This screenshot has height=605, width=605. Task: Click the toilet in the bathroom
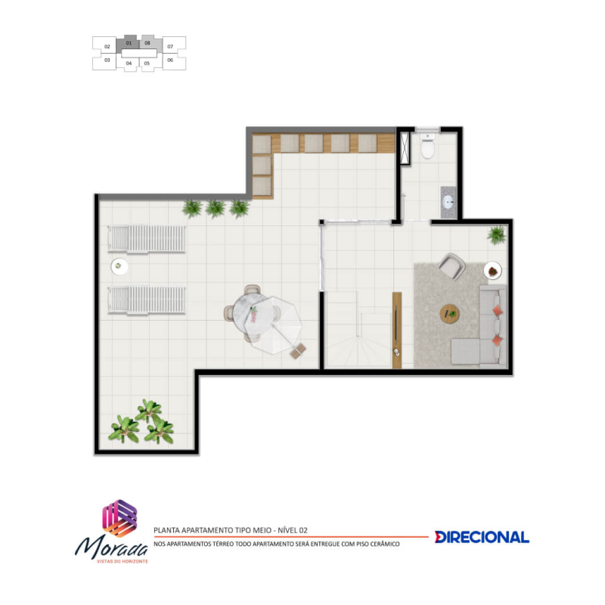point(428,146)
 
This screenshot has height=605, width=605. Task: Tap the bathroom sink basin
point(448,202)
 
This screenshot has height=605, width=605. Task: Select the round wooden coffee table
point(449,314)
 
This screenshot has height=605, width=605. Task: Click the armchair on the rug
point(451,265)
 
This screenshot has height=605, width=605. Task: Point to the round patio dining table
point(251,312)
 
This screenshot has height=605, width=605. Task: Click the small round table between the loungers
point(119,266)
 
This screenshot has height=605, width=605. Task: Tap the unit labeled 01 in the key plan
point(129,43)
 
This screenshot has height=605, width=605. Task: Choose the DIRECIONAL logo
point(482,537)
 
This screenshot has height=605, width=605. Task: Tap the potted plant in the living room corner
point(497,234)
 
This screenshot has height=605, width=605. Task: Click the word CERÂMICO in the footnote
point(384,544)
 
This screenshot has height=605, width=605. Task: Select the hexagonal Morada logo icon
point(119,518)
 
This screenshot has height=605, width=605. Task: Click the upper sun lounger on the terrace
point(147,239)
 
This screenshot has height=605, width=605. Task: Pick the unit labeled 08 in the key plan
point(149,43)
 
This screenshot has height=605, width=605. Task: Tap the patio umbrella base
point(298,351)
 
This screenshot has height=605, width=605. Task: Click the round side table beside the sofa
point(493,271)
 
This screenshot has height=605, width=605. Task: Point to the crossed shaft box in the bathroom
point(405,148)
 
